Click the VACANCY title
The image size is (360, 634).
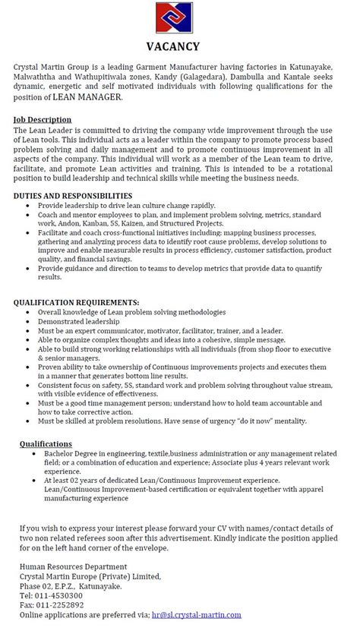pos(179,47)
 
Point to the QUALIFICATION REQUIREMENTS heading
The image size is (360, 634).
pos(76,302)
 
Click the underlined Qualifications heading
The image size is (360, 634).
pos(46,443)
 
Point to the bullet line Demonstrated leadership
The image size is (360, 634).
pos(81,322)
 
